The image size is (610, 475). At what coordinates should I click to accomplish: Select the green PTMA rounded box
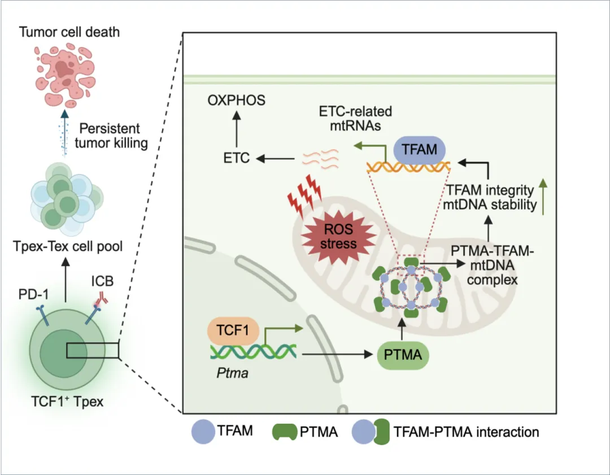[401, 355]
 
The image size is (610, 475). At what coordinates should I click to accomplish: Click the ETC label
[236, 158]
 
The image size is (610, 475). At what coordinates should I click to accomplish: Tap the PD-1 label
[33, 294]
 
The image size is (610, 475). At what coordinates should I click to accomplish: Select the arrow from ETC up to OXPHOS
[236, 130]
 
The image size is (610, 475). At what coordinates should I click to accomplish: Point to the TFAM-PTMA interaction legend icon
[371, 433]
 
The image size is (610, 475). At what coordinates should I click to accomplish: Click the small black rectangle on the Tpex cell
[92, 351]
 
